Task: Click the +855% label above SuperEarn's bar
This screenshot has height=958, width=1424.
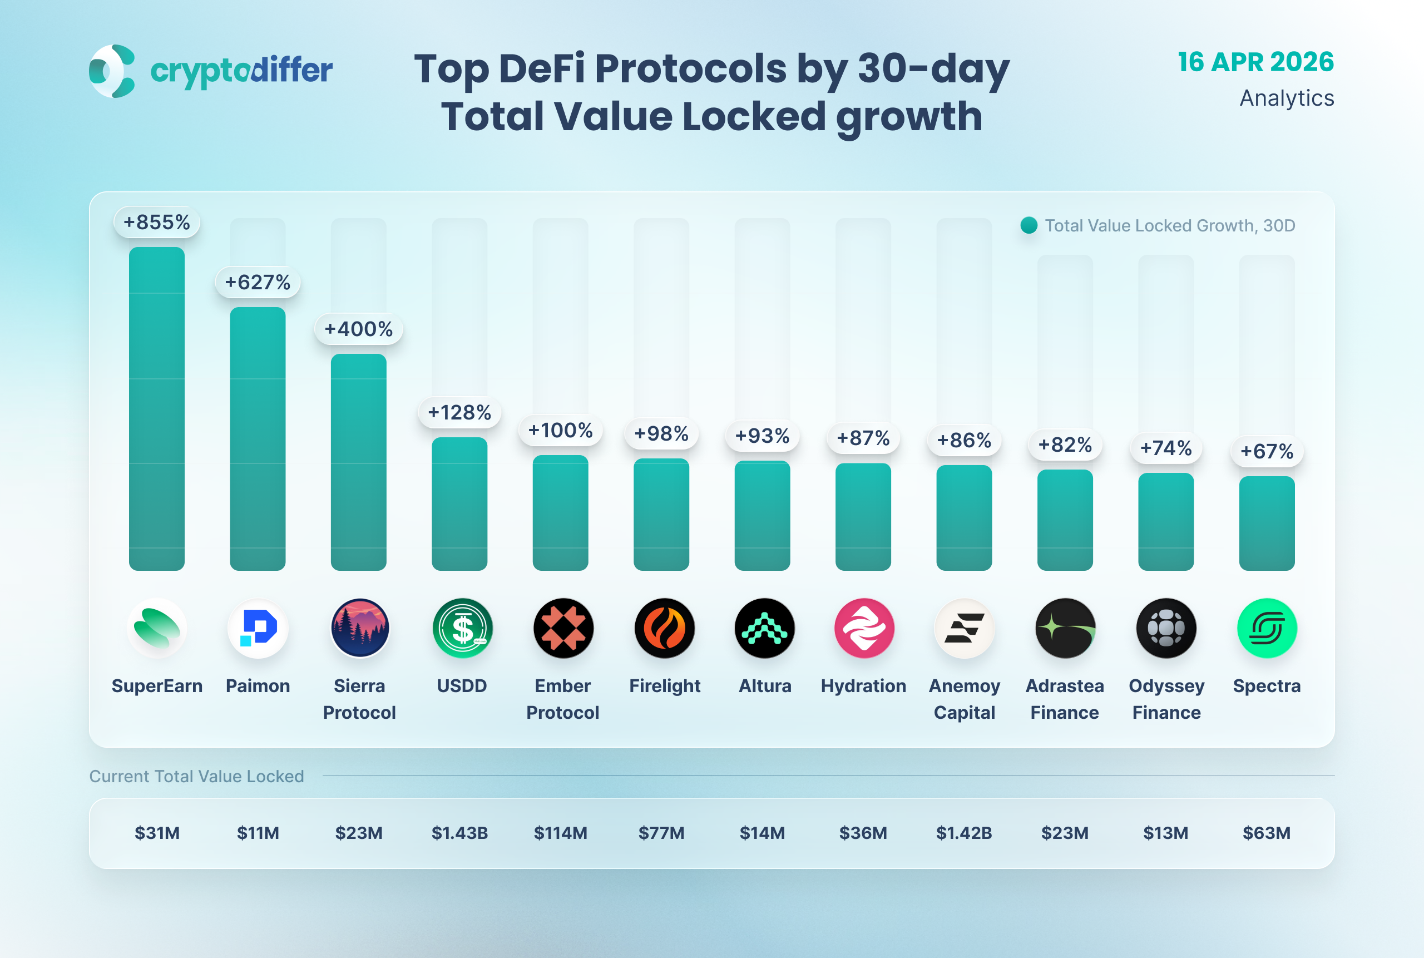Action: click(x=157, y=223)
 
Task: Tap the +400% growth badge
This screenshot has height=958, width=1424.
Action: click(x=359, y=329)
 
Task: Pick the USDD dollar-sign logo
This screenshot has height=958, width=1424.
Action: click(x=462, y=628)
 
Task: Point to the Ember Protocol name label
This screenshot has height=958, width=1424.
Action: click(x=562, y=699)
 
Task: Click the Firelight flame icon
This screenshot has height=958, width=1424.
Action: click(x=664, y=628)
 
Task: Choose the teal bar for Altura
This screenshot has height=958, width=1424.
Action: click(x=762, y=516)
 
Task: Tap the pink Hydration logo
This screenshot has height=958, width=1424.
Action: click(x=864, y=628)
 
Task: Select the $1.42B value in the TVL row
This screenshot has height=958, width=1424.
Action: click(x=964, y=833)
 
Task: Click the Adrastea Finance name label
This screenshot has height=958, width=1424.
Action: click(x=1065, y=699)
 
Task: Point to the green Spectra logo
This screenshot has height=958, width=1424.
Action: click(x=1267, y=628)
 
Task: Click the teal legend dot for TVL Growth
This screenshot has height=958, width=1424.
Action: click(x=1029, y=225)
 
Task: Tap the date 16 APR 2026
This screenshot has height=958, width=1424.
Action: click(x=1255, y=62)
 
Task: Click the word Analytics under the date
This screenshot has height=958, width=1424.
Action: click(x=1287, y=98)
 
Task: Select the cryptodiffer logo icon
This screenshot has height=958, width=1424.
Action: click(x=112, y=71)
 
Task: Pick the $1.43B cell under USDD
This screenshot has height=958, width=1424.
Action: click(x=459, y=833)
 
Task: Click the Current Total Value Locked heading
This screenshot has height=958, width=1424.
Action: click(x=197, y=776)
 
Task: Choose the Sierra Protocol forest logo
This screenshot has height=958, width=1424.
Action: click(x=360, y=628)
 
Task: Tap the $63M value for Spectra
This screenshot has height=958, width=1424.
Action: click(x=1267, y=833)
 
